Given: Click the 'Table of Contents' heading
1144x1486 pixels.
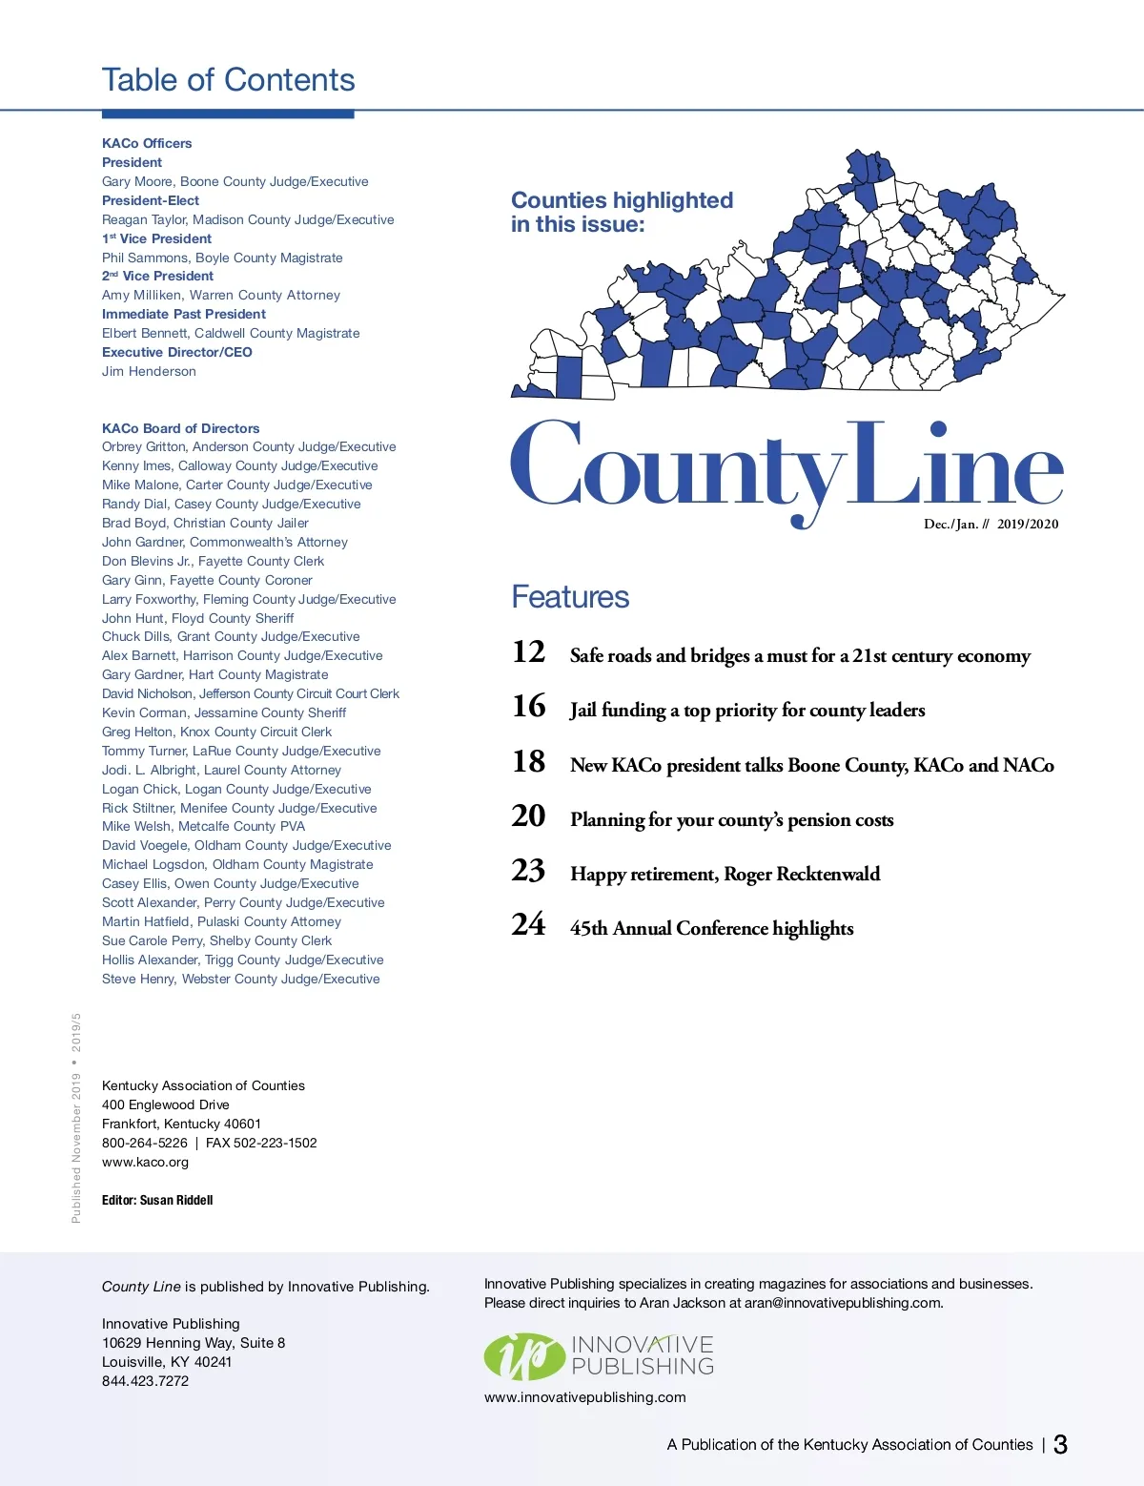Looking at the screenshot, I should [228, 80].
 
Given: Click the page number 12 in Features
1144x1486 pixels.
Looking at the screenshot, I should [529, 652].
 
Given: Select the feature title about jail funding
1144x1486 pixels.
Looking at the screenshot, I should [747, 710].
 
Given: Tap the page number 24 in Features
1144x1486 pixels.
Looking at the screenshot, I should [529, 925].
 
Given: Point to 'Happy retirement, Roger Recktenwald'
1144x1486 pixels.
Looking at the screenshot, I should [725, 874].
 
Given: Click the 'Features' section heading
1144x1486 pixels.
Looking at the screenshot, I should [570, 597].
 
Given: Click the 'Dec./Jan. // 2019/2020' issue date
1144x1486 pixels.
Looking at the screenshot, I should [991, 524].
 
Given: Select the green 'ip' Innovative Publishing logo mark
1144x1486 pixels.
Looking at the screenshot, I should [523, 1356].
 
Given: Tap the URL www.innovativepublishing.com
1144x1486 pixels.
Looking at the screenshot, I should [584, 1397].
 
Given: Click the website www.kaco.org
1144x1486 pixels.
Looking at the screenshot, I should [145, 1162].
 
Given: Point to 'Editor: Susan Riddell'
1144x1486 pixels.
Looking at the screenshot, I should [157, 1200].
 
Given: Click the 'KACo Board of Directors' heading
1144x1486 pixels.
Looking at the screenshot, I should [180, 428].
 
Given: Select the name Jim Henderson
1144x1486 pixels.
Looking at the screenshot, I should [149, 371].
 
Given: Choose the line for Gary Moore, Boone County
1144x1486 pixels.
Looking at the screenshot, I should [235, 181].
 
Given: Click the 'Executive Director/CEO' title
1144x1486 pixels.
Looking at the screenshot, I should [176, 352].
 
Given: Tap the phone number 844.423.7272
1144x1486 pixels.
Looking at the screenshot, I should [145, 1380].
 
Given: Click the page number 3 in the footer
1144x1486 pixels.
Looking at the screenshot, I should [1060, 1444].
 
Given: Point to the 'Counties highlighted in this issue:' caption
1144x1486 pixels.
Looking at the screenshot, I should [622, 212].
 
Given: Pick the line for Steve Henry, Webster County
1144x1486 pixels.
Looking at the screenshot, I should [240, 979].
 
